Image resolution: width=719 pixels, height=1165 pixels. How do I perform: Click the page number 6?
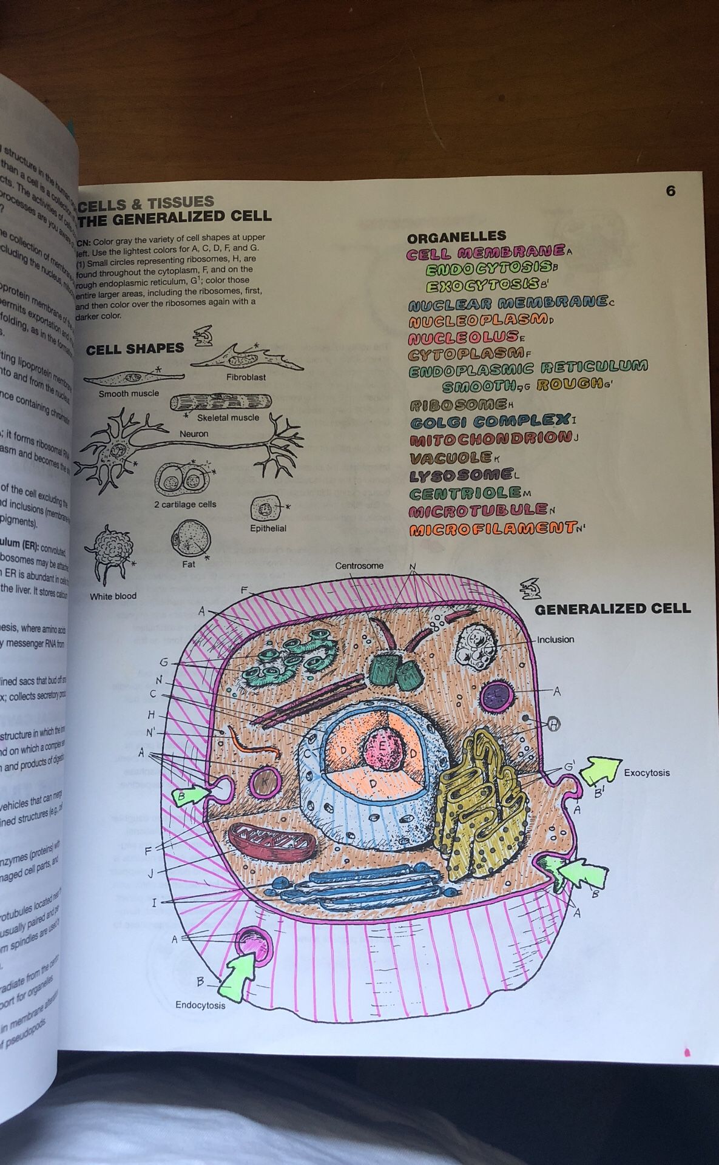click(x=670, y=191)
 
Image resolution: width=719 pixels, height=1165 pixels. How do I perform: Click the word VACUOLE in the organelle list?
click(x=451, y=457)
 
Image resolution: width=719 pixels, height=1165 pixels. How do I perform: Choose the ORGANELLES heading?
click(x=456, y=237)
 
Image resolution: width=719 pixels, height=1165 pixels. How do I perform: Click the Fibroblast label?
click(x=246, y=377)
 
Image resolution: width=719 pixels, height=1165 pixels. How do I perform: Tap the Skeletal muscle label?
click(x=228, y=417)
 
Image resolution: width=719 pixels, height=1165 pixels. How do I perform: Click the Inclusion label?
click(x=555, y=640)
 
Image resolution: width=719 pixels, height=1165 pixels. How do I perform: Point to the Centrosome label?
click(x=359, y=566)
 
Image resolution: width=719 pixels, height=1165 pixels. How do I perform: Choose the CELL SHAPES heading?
click(x=135, y=349)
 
